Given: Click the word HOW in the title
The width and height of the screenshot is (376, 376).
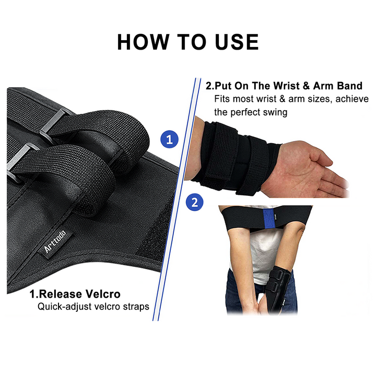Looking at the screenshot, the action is (x=143, y=42).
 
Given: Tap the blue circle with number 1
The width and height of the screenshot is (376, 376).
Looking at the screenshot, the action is (x=170, y=139).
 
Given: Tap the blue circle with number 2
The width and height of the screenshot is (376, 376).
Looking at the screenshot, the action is (x=195, y=202).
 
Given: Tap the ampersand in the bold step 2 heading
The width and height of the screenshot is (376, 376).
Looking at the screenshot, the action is (x=306, y=86).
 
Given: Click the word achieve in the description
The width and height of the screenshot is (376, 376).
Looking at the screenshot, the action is (x=352, y=99).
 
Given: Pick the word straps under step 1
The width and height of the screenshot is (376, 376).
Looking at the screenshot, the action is (x=136, y=307).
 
